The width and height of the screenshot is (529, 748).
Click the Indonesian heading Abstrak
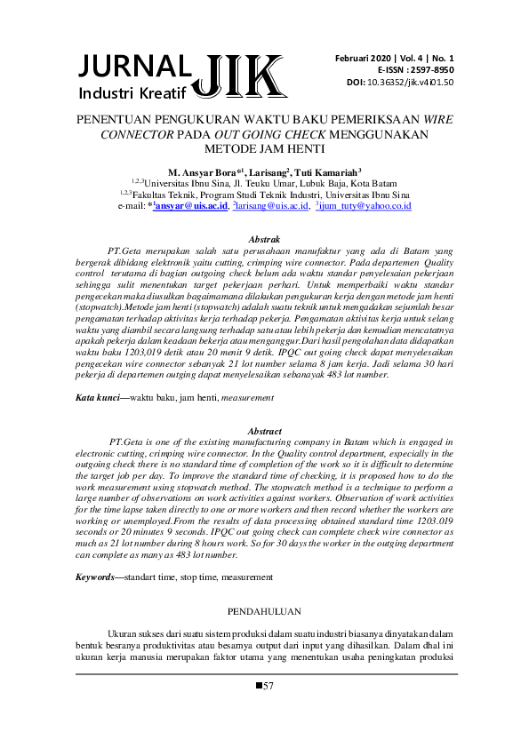point(264,240)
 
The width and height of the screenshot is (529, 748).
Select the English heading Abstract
point(264,431)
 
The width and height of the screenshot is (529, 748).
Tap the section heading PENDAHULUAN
point(264,612)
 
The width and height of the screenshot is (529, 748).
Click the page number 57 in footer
point(269,686)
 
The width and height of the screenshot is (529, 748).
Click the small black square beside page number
point(259,685)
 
